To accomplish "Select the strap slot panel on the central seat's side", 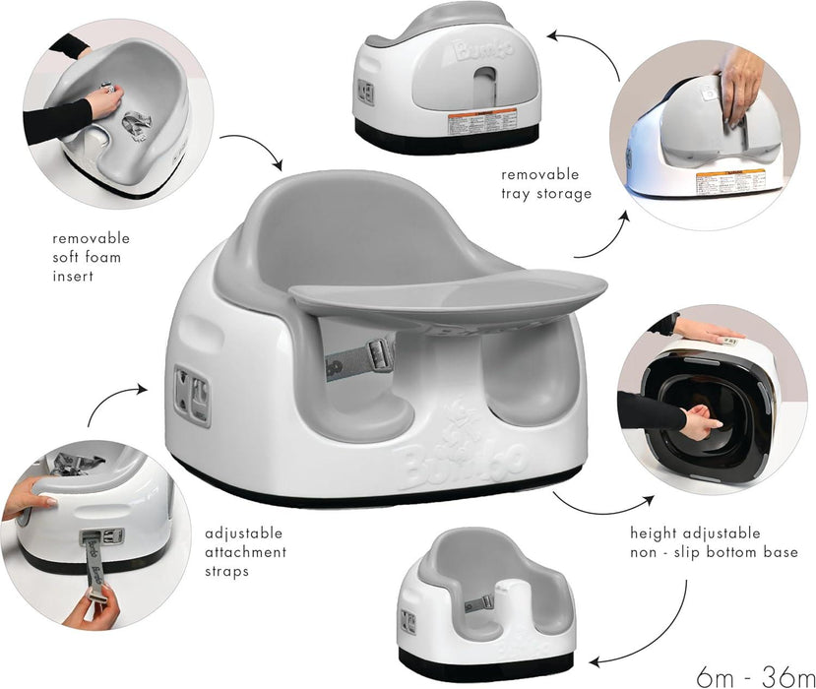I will click(x=191, y=395).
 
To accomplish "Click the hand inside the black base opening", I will click(x=702, y=422).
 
